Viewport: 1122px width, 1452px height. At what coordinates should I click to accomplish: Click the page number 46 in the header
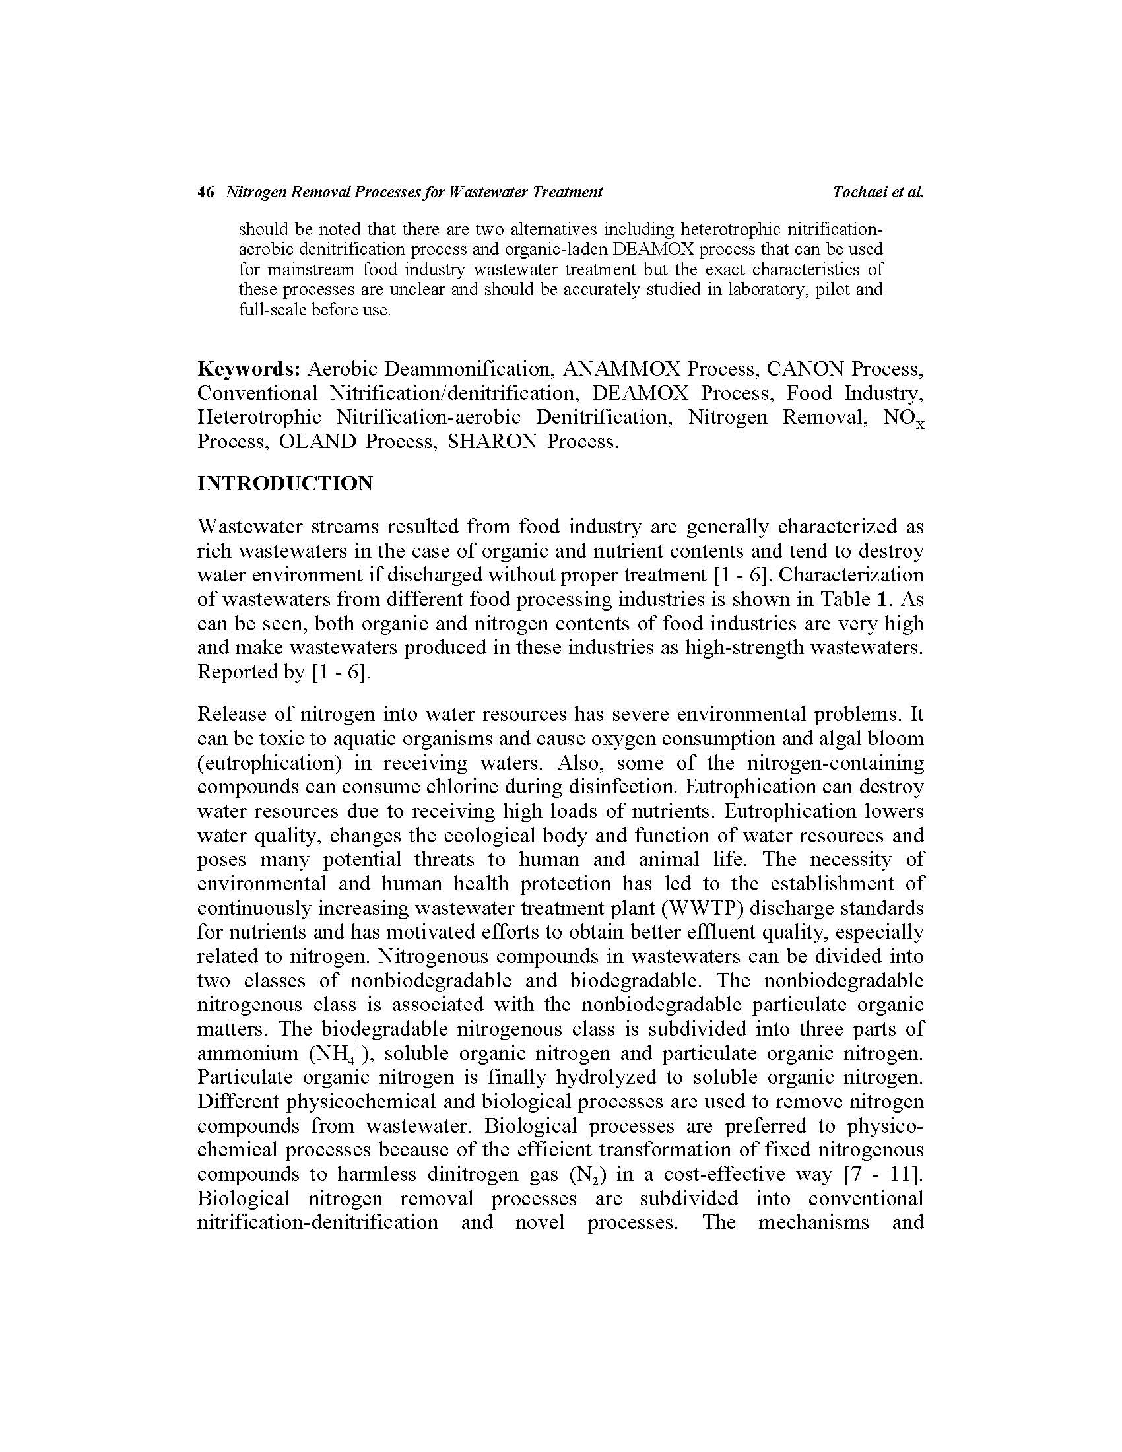point(205,192)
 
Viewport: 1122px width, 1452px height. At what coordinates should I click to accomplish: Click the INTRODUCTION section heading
point(285,483)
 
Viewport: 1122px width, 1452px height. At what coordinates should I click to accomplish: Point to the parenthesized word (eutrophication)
point(270,762)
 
